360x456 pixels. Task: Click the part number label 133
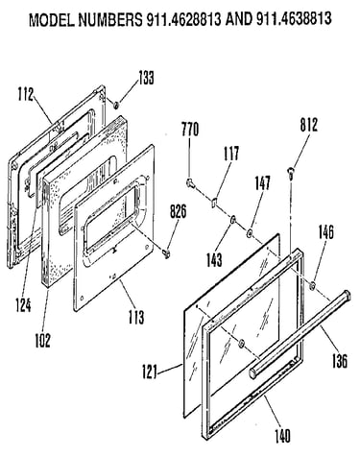pos(146,78)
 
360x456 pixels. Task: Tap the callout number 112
pos(25,94)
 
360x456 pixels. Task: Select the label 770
pos(190,129)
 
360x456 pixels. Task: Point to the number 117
pos(231,154)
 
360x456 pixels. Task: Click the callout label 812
pos(309,125)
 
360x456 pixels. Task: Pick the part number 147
pos(262,183)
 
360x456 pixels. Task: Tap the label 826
pos(178,211)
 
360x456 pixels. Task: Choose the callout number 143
pos(214,259)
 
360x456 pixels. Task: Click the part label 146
pos(326,232)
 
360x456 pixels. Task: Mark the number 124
pos(23,305)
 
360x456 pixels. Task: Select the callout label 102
pos(42,341)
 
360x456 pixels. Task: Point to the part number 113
pos(136,317)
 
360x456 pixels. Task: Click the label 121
pos(150,372)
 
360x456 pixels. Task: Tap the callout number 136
pos(340,361)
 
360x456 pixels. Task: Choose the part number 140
pos(282,436)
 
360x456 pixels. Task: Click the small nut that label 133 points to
pos(116,104)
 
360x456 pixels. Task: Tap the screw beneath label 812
pos(291,172)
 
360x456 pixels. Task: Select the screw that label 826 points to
pos(167,253)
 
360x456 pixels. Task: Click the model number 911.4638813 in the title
pos(294,19)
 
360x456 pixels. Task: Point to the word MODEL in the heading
pos(52,20)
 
